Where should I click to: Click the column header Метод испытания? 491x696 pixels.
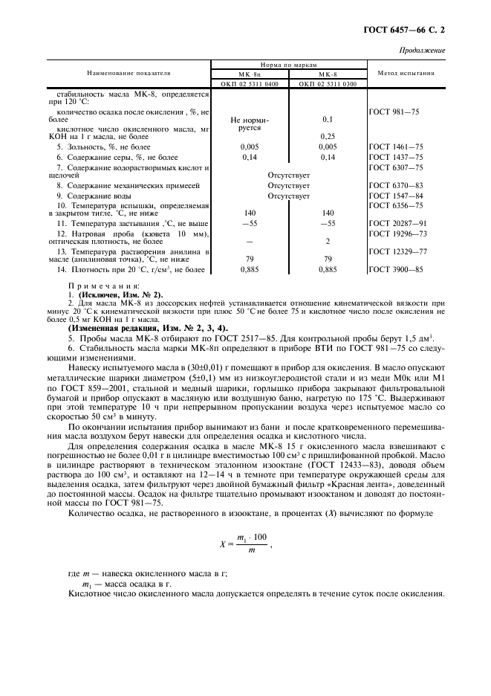(406, 74)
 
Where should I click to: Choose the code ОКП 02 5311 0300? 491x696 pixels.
(328, 84)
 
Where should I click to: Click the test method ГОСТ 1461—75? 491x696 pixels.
(395, 147)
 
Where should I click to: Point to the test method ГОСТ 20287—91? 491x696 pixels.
(397, 223)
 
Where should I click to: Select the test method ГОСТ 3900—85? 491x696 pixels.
(395, 269)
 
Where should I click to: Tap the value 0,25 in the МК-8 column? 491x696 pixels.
(328, 136)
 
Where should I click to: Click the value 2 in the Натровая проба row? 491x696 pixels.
(328, 242)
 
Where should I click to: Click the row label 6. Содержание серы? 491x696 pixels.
(111, 158)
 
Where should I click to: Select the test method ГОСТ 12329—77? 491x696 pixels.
(397, 252)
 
